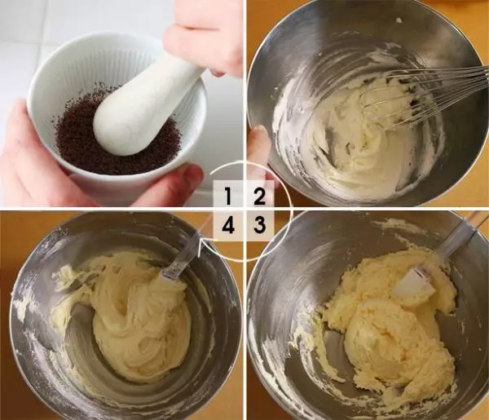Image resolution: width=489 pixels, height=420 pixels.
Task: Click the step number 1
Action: pyautogui.click(x=228, y=196)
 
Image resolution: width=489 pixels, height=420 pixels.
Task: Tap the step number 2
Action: pyautogui.click(x=259, y=197)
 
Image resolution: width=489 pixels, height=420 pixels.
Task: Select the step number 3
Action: pyautogui.click(x=259, y=225)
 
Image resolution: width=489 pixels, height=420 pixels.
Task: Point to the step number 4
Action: pyautogui.click(x=228, y=225)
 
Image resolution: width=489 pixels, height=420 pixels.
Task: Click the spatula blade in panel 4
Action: pyautogui.click(x=171, y=271)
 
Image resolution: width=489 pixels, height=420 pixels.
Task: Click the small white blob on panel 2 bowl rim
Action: pyautogui.click(x=399, y=20)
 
